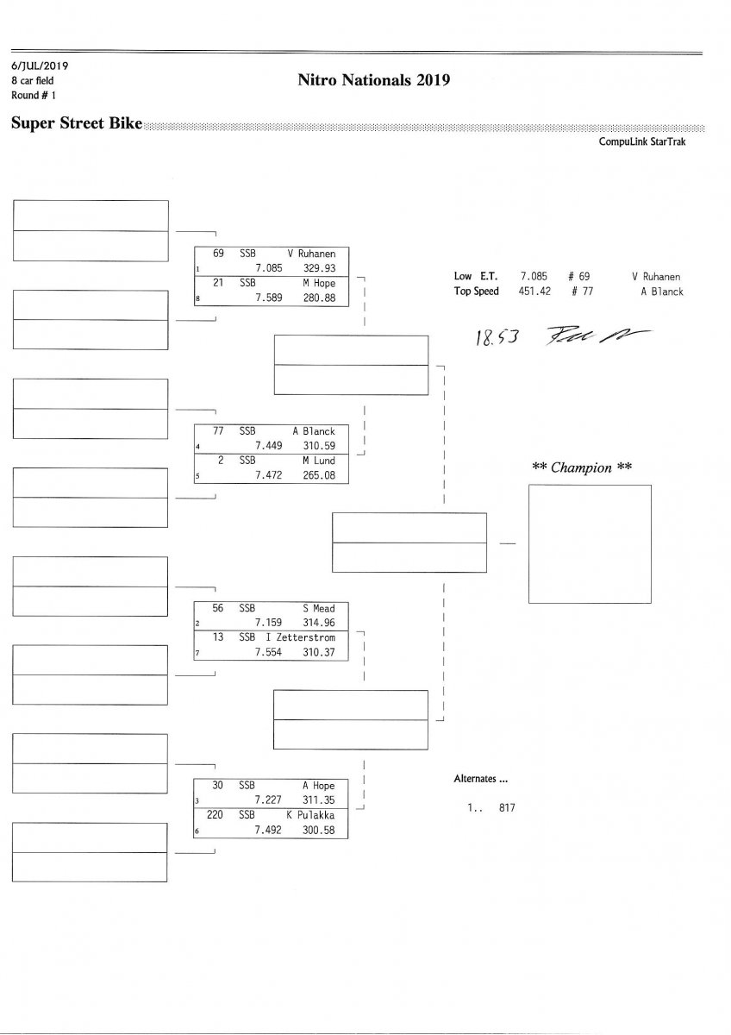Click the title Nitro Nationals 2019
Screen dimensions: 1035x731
point(373,81)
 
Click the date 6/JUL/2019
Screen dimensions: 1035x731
point(40,66)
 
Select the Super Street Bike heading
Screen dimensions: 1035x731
point(76,123)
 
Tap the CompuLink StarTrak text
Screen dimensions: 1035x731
point(642,142)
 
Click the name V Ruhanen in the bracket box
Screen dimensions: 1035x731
point(311,254)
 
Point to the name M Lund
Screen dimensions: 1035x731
point(318,461)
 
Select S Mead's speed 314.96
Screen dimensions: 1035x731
point(318,622)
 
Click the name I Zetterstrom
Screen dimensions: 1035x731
point(300,637)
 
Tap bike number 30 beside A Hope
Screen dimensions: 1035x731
point(218,786)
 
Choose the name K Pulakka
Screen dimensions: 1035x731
point(310,815)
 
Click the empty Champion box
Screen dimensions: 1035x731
point(590,543)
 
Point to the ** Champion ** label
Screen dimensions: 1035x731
point(581,467)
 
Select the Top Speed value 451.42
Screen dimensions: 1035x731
point(534,292)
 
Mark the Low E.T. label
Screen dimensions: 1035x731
point(475,277)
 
